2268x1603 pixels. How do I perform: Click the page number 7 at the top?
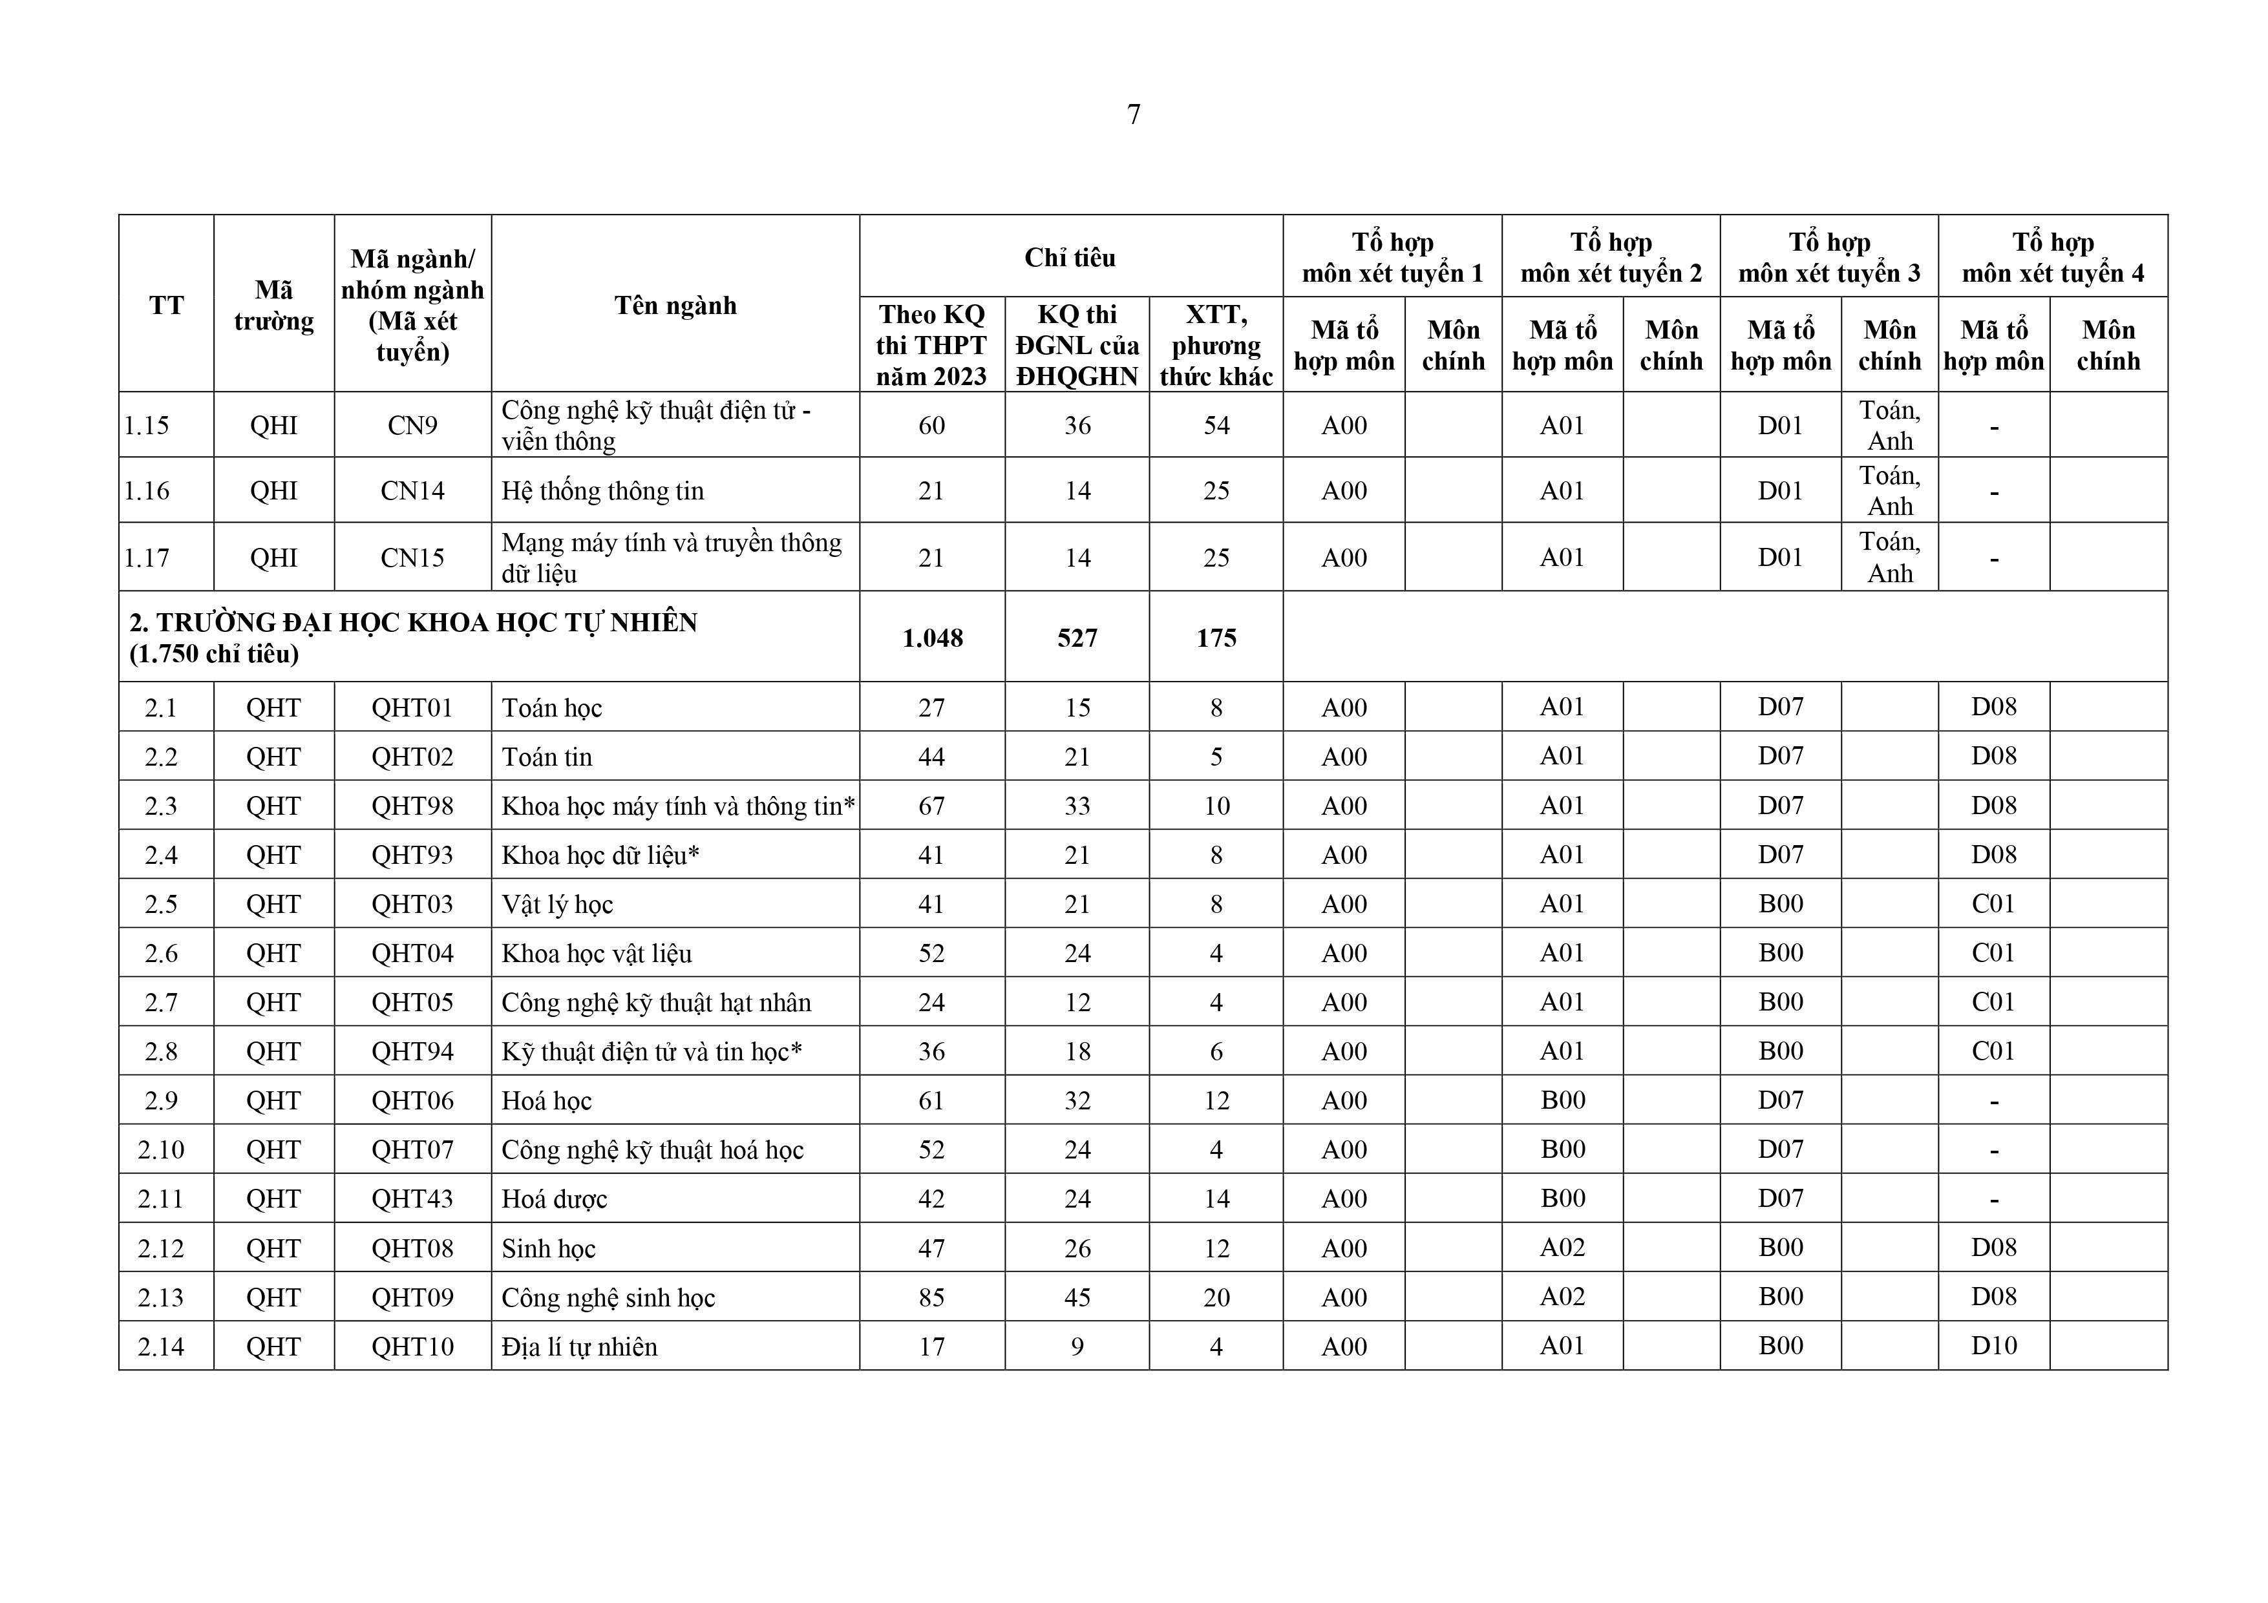pos(1133,114)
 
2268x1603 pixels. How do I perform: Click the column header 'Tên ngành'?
pos(675,305)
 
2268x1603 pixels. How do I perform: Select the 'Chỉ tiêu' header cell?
pos(1070,258)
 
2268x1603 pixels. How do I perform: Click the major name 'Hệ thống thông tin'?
pos(602,491)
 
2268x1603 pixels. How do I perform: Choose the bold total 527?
pos(1077,638)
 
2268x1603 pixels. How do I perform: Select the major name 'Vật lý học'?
pos(557,905)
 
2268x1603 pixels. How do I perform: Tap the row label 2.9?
pos(161,1100)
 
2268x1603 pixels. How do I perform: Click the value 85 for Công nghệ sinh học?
pos(931,1297)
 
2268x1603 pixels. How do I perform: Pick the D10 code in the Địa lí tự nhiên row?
pos(1993,1345)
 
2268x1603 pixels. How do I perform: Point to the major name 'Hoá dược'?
pos(554,1199)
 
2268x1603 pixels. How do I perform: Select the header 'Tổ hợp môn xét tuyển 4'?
pos(2053,258)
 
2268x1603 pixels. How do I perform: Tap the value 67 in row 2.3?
pos(931,806)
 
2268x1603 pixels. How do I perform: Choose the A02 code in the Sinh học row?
pos(1562,1248)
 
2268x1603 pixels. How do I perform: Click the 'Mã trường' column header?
pos(273,305)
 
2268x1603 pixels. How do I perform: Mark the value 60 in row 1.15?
pos(931,426)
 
